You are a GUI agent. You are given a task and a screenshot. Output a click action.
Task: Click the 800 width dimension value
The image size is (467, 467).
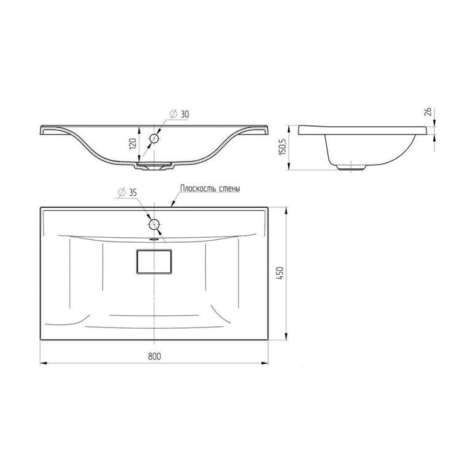point(154,356)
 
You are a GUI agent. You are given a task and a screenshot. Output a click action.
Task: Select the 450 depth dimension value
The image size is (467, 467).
point(280,273)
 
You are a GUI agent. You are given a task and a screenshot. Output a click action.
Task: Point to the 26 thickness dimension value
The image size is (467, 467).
point(428,112)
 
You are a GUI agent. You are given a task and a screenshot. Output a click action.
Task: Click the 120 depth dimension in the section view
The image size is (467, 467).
point(133,144)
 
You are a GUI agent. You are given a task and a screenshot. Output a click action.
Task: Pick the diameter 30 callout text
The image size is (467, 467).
point(179,114)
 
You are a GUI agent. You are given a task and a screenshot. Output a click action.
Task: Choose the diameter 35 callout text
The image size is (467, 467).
point(127,193)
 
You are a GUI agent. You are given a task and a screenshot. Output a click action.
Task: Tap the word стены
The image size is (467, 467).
point(230,189)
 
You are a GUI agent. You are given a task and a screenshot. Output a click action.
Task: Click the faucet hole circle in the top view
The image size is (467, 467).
point(154,224)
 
